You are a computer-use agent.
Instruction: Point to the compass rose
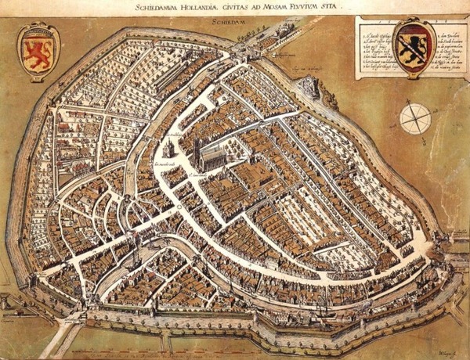coord(414,118)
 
